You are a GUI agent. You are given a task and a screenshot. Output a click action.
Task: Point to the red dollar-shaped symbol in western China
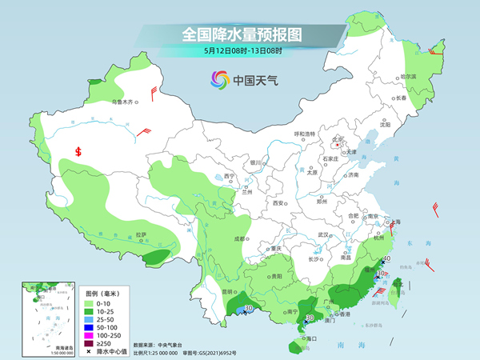pyautogui.click(x=78, y=151)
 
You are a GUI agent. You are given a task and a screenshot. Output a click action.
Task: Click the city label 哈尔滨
pyautogui.click(x=408, y=76)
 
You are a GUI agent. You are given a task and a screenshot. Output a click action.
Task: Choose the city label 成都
pyautogui.click(x=238, y=238)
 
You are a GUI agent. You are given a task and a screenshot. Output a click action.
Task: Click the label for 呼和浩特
pyautogui.click(x=305, y=133)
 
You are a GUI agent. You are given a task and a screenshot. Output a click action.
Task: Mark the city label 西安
pyautogui.click(x=279, y=203)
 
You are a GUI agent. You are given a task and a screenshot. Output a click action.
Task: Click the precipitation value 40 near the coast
pyautogui.click(x=386, y=259)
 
